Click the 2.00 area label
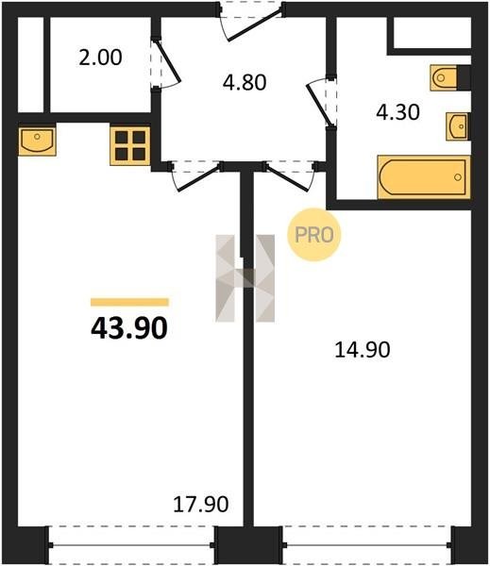click(100, 58)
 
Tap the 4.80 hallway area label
click(245, 82)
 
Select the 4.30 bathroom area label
click(397, 112)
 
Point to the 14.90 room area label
click(363, 350)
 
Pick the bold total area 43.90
click(129, 328)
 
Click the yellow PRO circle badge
click(314, 235)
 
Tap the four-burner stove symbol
click(130, 146)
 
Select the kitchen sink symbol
click(37, 141)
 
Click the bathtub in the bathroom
click(424, 177)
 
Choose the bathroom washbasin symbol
click(458, 126)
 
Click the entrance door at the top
click(251, 23)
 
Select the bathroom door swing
click(320, 102)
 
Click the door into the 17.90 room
click(196, 176)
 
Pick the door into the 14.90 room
click(290, 176)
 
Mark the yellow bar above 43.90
click(129, 302)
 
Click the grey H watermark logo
click(245, 278)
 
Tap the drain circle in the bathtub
click(458, 177)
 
